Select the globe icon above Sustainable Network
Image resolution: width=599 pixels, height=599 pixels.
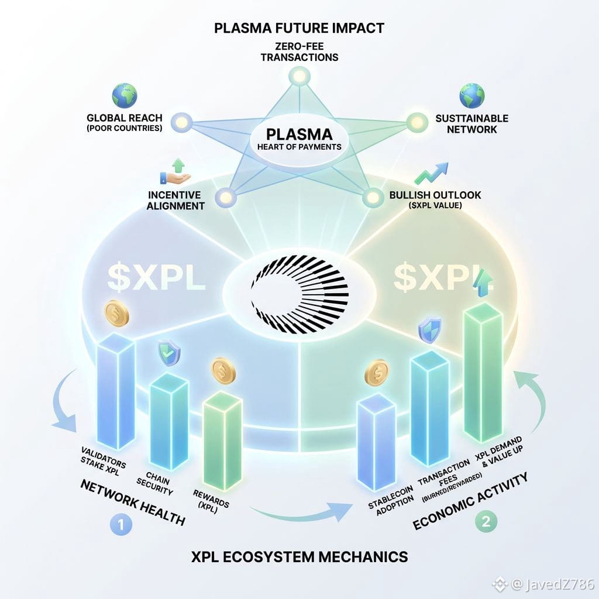471,95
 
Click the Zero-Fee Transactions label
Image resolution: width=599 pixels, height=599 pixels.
299,51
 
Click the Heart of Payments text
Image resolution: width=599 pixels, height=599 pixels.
299,146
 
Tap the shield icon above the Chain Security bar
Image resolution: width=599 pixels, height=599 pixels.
170,352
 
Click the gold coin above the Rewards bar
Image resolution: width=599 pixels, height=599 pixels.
222,370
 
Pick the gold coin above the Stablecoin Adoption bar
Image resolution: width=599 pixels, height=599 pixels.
376,373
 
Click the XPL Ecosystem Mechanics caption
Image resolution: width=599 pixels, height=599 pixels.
299,556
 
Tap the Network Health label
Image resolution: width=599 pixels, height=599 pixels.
132,502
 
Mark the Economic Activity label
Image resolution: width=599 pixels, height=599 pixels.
470,501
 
